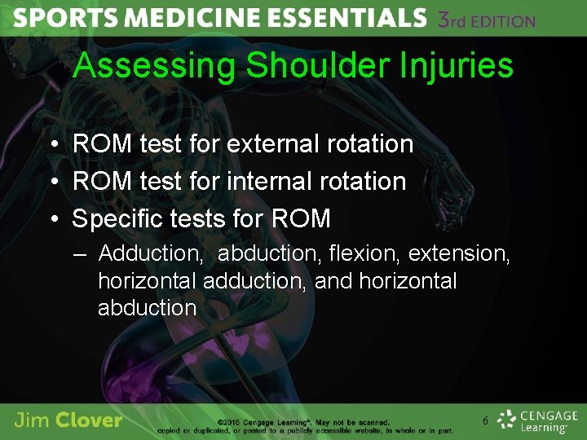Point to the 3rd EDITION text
pyautogui.click(x=487, y=20)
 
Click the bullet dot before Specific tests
pyautogui.click(x=52, y=218)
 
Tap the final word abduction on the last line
pyautogui.click(x=147, y=308)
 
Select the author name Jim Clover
pyautogui.click(x=68, y=420)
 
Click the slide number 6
pyautogui.click(x=485, y=421)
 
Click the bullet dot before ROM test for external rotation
pyautogui.click(x=52, y=144)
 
